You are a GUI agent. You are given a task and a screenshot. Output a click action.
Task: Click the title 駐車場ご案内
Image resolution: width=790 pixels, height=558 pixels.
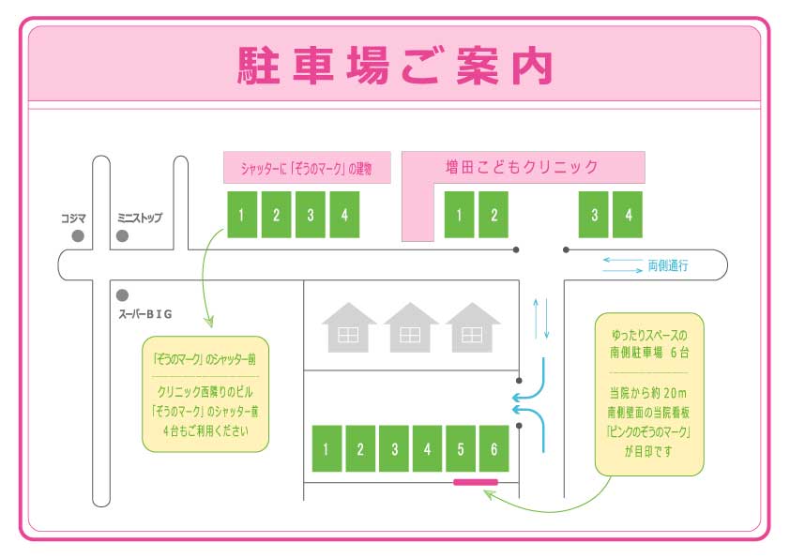pyautogui.click(x=394, y=65)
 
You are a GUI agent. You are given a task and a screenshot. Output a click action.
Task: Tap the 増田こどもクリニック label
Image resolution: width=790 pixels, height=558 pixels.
pyautogui.click(x=522, y=168)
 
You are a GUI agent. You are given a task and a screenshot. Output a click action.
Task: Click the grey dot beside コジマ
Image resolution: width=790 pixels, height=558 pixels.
pyautogui.click(x=79, y=237)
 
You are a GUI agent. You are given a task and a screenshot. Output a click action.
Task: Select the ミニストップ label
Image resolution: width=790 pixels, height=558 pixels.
pyautogui.click(x=139, y=218)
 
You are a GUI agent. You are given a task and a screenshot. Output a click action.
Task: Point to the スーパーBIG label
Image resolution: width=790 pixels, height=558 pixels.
pyautogui.click(x=145, y=314)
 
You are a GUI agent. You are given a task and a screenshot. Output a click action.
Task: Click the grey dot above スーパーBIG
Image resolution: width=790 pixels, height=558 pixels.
pyautogui.click(x=122, y=295)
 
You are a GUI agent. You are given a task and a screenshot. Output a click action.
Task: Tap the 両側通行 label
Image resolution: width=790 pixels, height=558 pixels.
pyautogui.click(x=668, y=266)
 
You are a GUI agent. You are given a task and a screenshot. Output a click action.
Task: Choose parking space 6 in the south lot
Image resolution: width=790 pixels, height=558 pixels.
pyautogui.click(x=494, y=448)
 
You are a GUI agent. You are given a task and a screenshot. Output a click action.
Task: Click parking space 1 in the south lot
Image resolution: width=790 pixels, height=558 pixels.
pyautogui.click(x=326, y=448)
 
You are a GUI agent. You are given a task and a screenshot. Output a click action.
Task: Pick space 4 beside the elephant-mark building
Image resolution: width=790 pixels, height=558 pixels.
pyautogui.click(x=344, y=215)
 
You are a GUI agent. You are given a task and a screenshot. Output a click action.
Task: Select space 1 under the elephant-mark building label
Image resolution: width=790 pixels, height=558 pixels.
pyautogui.click(x=241, y=215)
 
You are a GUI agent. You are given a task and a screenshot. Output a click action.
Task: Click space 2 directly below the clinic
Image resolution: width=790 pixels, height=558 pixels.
pyautogui.click(x=494, y=215)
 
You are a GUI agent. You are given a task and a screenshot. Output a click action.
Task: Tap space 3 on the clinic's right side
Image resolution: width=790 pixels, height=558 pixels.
pyautogui.click(x=594, y=215)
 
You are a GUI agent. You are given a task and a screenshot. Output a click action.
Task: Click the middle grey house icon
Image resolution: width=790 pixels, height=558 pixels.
pyautogui.click(x=411, y=327)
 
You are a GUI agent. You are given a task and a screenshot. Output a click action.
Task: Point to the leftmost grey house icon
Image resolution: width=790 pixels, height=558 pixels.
pyautogui.click(x=349, y=327)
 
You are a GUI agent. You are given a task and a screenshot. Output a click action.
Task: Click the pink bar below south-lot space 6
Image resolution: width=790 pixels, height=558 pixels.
pyautogui.click(x=475, y=482)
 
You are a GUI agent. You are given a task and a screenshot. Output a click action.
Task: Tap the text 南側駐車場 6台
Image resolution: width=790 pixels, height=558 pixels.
pyautogui.click(x=649, y=353)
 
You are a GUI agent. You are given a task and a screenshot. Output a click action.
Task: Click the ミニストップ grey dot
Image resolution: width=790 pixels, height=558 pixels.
pyautogui.click(x=122, y=237)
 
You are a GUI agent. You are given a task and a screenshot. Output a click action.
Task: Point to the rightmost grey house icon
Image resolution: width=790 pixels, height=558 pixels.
pyautogui.click(x=472, y=327)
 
